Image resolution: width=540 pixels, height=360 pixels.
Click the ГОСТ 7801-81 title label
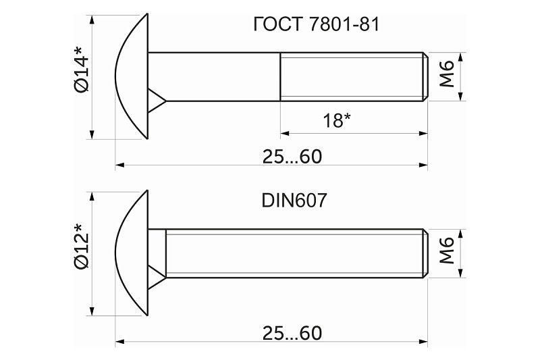[316, 24]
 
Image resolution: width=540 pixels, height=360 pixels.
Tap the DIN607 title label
[294, 200]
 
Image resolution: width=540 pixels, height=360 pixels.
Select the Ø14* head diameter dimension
[81, 70]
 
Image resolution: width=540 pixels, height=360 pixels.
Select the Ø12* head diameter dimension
[81, 246]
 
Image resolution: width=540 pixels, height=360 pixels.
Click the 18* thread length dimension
[336, 120]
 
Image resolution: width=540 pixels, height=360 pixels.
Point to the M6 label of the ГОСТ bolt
[447, 74]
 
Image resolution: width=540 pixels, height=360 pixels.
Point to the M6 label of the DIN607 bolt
[447, 251]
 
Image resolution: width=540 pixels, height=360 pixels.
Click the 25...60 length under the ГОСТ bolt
[292, 157]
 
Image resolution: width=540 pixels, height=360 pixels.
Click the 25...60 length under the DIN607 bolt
[292, 333]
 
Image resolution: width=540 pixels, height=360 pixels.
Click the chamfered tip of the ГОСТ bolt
[426, 77]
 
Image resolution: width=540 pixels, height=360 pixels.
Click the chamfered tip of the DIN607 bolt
[426, 253]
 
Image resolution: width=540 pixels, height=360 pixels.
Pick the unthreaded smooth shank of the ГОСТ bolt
[214, 77]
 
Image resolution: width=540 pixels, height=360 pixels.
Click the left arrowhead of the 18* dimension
[284, 133]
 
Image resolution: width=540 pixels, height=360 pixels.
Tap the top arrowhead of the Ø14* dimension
[92, 20]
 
